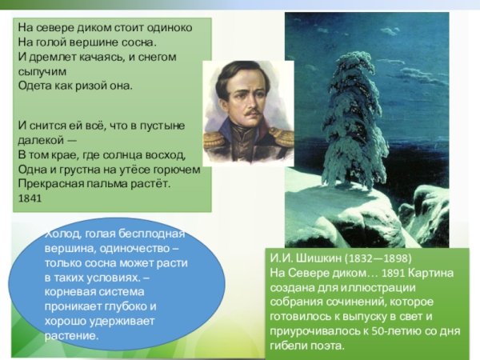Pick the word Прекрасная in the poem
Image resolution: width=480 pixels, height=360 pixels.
coord(50,183)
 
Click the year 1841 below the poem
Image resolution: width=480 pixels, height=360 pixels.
coord(29,198)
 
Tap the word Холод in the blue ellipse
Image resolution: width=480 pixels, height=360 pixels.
coord(64,234)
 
